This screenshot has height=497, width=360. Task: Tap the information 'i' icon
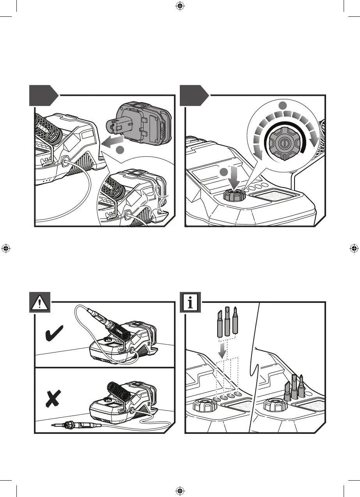(190, 302)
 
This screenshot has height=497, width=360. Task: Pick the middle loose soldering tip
(227, 322)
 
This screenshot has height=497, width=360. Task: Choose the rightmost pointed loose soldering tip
(235, 322)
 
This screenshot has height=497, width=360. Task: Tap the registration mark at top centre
(180, 5)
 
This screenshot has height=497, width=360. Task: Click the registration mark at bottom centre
(180, 491)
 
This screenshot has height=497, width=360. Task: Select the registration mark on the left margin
(6, 248)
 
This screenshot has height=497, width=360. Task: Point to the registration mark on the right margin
(354, 248)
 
